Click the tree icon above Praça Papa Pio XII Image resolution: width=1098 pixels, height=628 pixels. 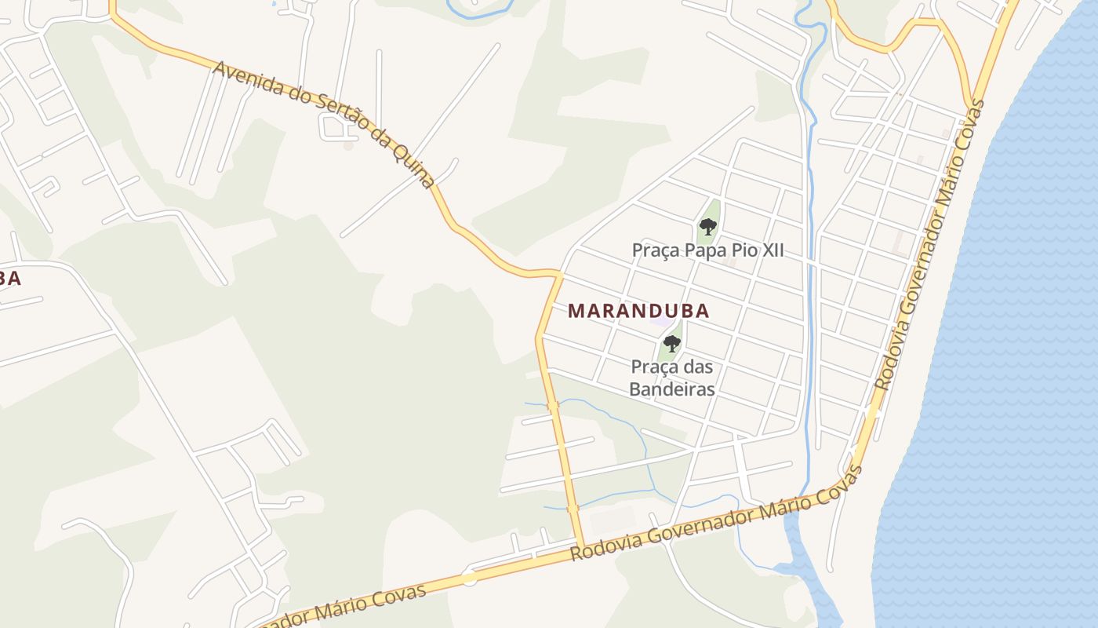click(x=708, y=228)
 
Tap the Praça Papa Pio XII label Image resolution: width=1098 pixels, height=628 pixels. click(x=708, y=251)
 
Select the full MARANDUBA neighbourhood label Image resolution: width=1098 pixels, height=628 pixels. click(x=638, y=311)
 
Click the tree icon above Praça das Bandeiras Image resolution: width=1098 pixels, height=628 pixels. click(x=671, y=343)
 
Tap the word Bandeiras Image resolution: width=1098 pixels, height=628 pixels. click(x=673, y=389)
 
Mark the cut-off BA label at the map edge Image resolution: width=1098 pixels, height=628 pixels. click(x=9, y=279)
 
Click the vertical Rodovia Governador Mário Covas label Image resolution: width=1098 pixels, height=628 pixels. click(x=929, y=245)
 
